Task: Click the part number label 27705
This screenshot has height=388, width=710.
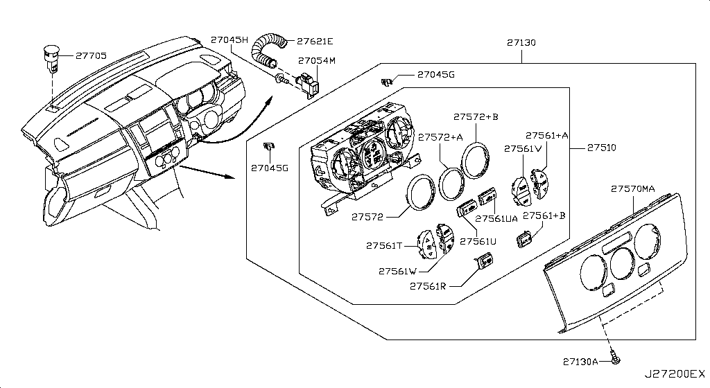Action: pyautogui.click(x=92, y=55)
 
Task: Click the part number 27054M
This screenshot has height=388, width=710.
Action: pyautogui.click(x=317, y=61)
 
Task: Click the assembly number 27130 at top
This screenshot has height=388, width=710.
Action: pyautogui.click(x=520, y=42)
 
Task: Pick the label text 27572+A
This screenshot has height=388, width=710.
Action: pyautogui.click(x=444, y=137)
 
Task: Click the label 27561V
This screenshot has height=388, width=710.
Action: pyautogui.click(x=523, y=148)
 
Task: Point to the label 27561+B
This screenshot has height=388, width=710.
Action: pyautogui.click(x=544, y=215)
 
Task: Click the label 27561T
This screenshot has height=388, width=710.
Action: pyautogui.click(x=384, y=245)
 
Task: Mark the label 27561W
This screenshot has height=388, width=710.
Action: pyautogui.click(x=398, y=270)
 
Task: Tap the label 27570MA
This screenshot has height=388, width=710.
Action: pyautogui.click(x=634, y=188)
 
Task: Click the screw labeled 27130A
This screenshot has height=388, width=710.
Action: pyautogui.click(x=616, y=361)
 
